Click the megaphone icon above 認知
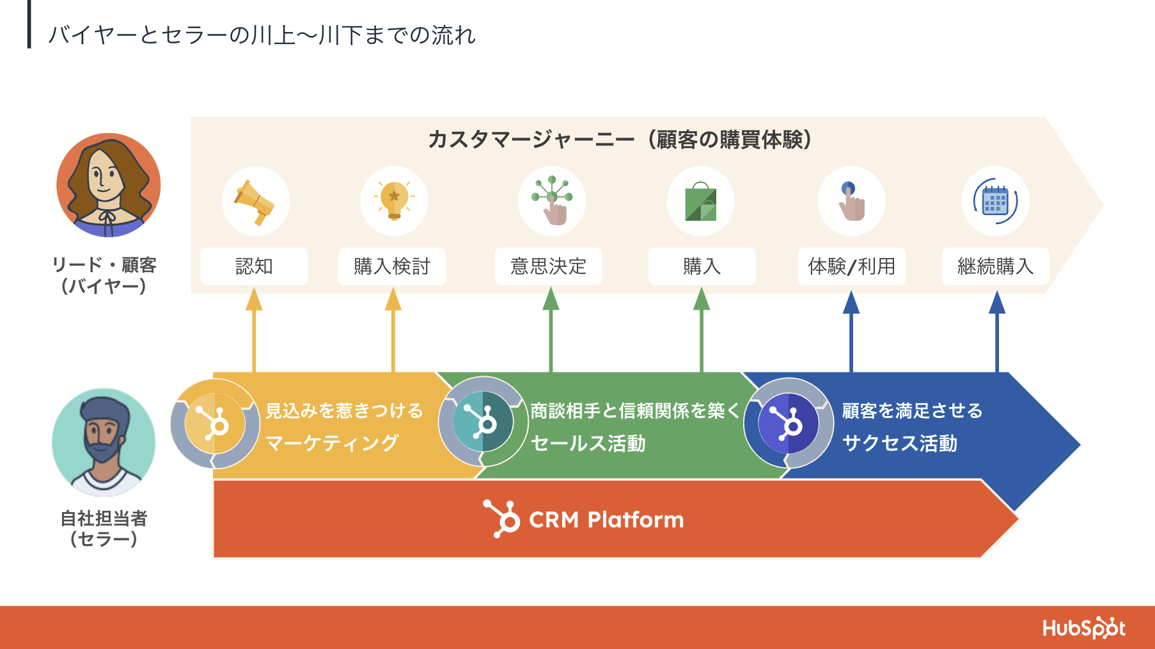pyautogui.click(x=255, y=201)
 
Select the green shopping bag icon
pyautogui.click(x=701, y=202)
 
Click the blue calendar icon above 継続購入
pyautogui.click(x=995, y=201)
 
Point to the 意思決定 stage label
pyautogui.click(x=548, y=266)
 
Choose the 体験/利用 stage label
pyautogui.click(x=851, y=266)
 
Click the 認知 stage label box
pyautogui.click(x=254, y=266)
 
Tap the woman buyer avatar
pyautogui.click(x=109, y=185)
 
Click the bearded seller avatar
pyautogui.click(x=104, y=441)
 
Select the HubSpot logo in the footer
pyautogui.click(x=1083, y=628)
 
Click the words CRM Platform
pyautogui.click(x=606, y=520)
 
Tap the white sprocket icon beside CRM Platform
pyautogui.click(x=503, y=518)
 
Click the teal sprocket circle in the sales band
pyautogui.click(x=483, y=422)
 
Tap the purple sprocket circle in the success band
pyautogui.click(x=788, y=423)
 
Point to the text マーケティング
pyautogui.click(x=332, y=443)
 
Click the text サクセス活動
pyautogui.click(x=899, y=443)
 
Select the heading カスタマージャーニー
pyautogui.click(x=531, y=140)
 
